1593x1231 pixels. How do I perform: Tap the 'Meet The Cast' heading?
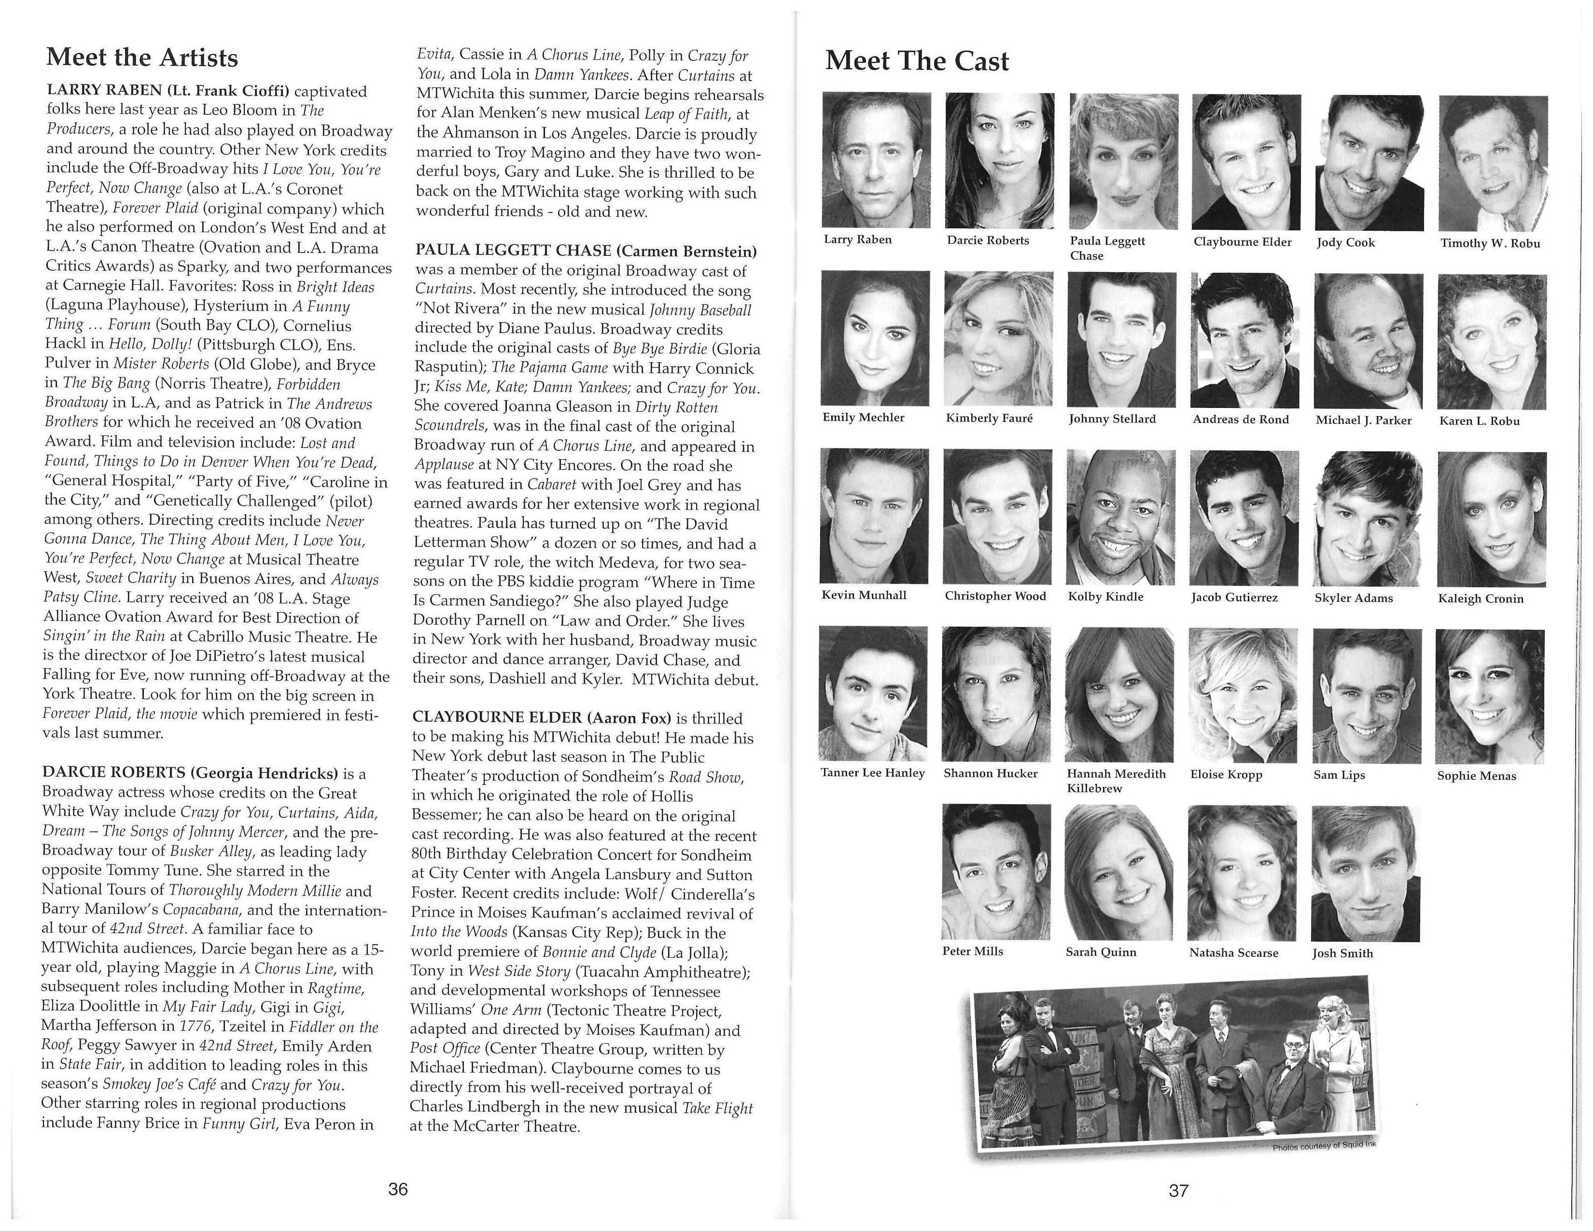[x=917, y=61]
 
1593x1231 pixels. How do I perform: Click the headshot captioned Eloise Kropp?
[x=1243, y=696]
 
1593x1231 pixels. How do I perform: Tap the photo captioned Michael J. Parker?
[x=1368, y=340]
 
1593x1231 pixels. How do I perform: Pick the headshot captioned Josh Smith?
[x=1365, y=874]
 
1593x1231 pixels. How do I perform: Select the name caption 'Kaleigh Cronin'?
[x=1481, y=599]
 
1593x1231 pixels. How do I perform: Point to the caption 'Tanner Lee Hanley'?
[x=872, y=773]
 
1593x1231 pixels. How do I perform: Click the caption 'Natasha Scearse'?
[x=1233, y=952]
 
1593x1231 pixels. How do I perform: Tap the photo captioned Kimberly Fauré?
[x=998, y=338]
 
